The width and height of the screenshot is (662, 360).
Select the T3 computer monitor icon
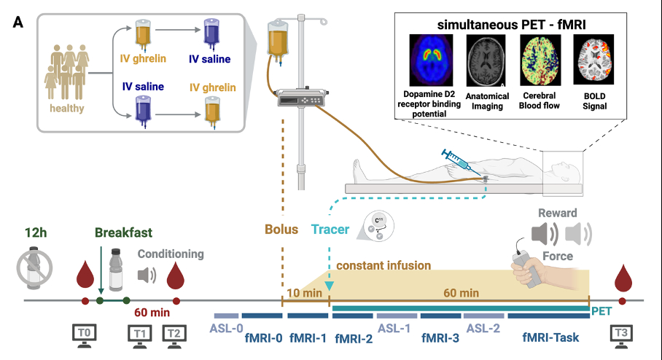click(622, 334)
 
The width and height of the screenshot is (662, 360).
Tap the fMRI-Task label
click(548, 338)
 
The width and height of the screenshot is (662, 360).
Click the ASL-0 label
click(226, 328)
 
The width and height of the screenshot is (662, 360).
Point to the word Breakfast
click(123, 233)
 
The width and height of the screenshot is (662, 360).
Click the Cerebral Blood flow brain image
click(540, 60)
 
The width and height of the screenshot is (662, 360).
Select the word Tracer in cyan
click(330, 230)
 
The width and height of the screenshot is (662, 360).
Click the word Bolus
click(281, 230)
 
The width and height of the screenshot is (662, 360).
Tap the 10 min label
click(305, 292)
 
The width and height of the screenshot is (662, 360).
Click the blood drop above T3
click(622, 277)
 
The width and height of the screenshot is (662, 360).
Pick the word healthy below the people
click(67, 109)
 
